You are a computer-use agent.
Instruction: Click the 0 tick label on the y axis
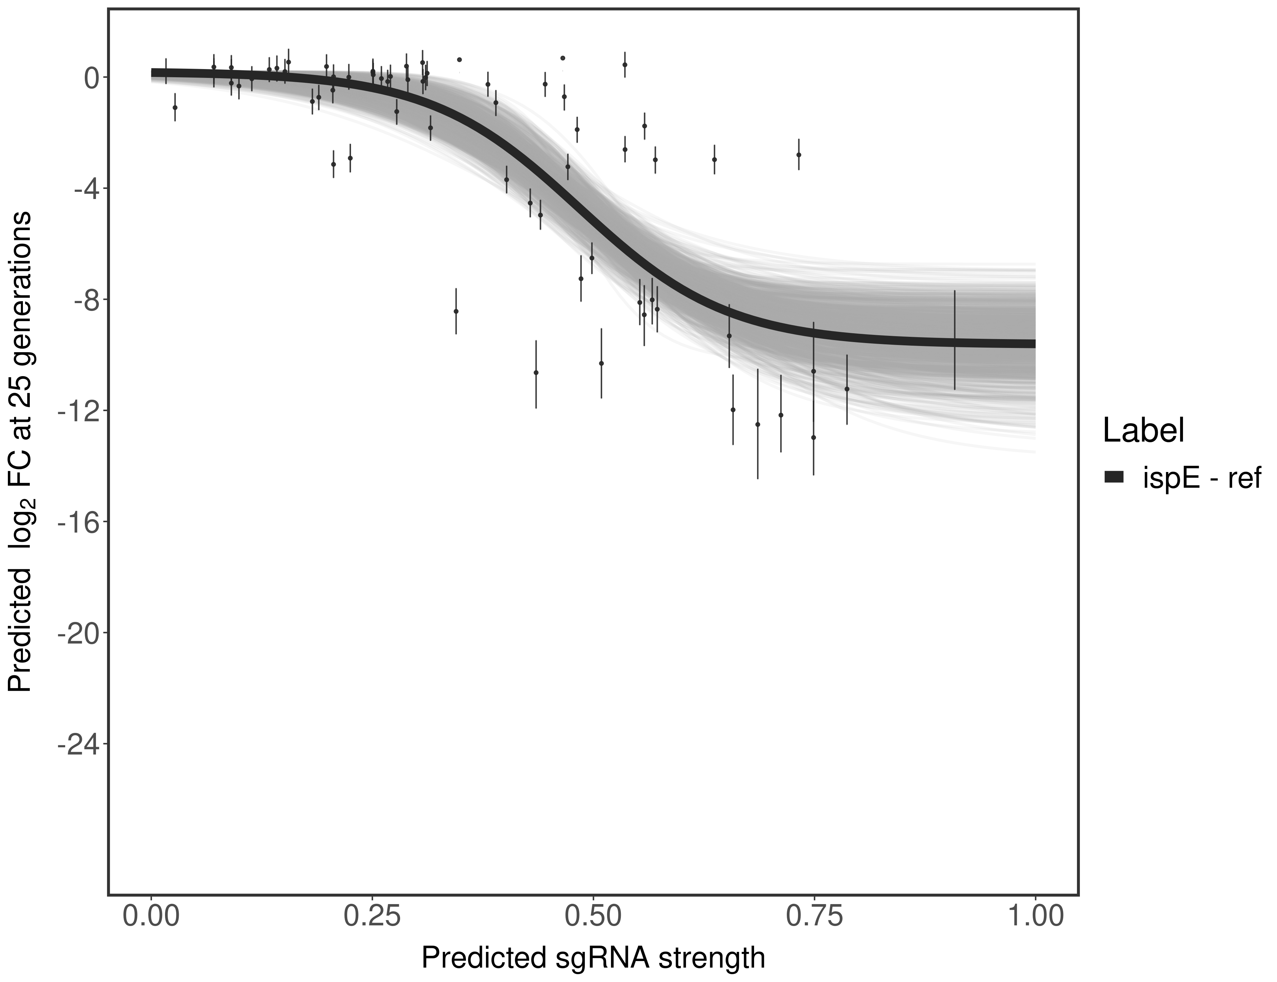pos(91,78)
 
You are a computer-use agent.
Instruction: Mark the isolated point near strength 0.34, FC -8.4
pos(456,312)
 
